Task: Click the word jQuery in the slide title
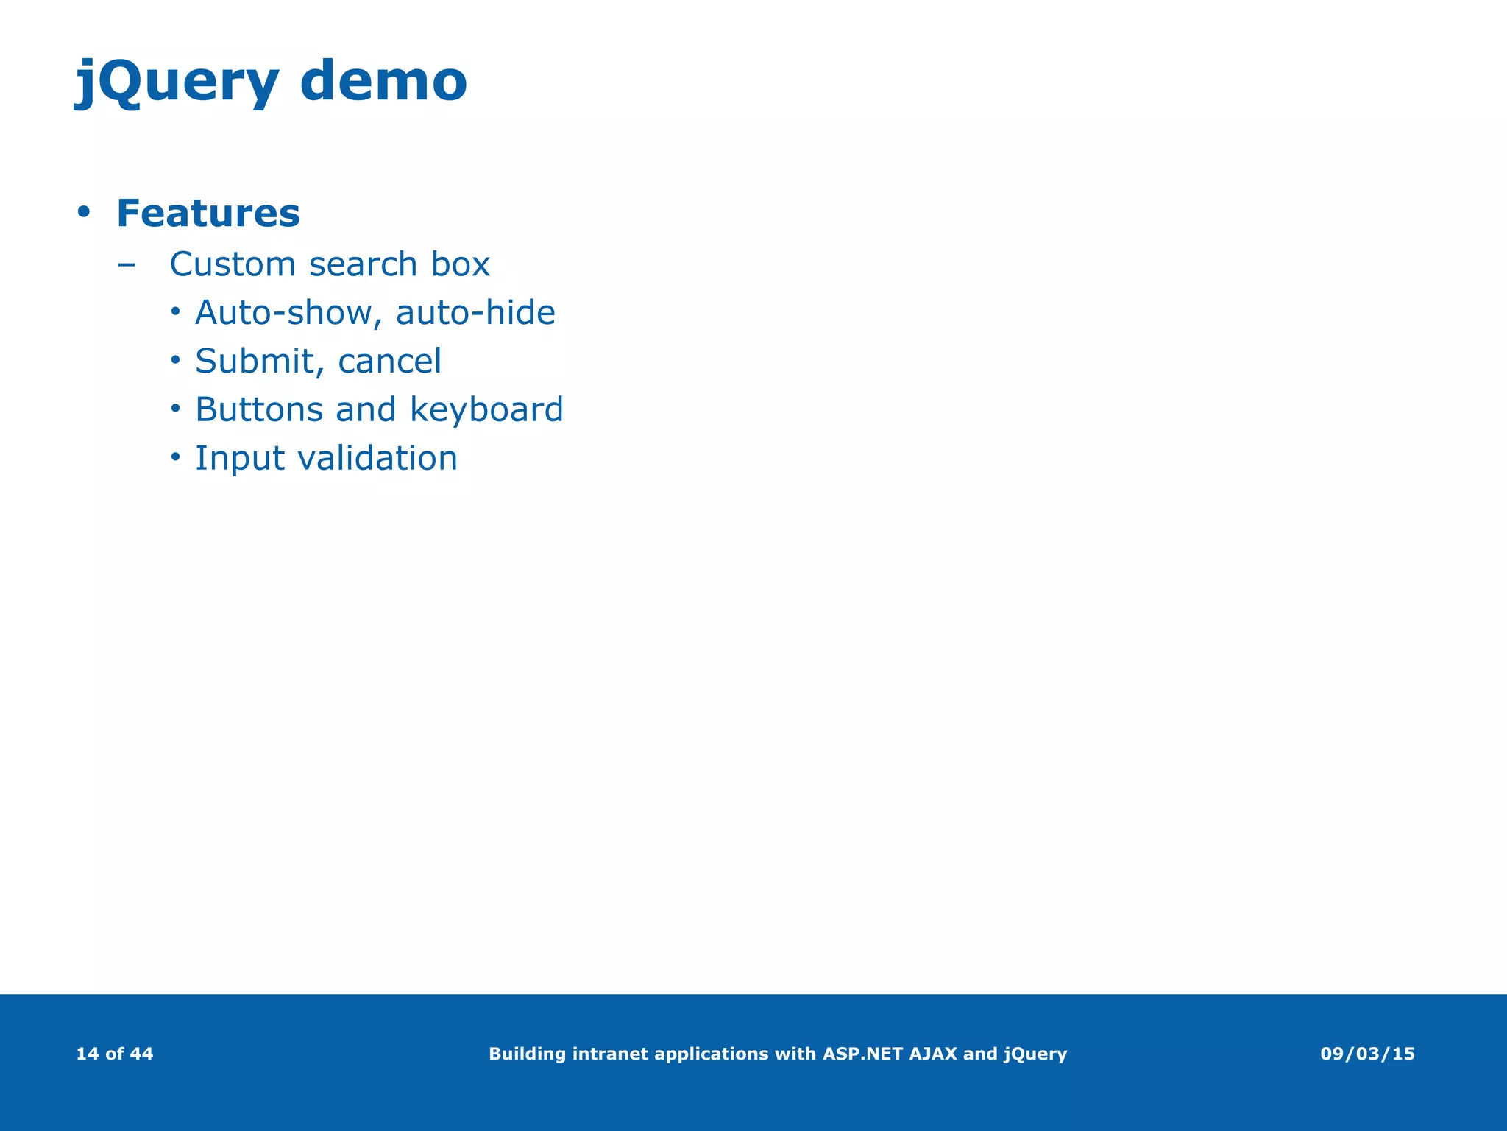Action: click(x=177, y=82)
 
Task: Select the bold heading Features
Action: click(x=208, y=214)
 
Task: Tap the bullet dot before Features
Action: click(x=84, y=212)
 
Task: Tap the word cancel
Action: click(x=389, y=362)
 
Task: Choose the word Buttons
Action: click(x=259, y=409)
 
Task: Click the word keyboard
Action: click(x=486, y=410)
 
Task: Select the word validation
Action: click(x=377, y=458)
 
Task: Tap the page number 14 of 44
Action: click(x=115, y=1054)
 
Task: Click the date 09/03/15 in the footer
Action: click(x=1367, y=1054)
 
